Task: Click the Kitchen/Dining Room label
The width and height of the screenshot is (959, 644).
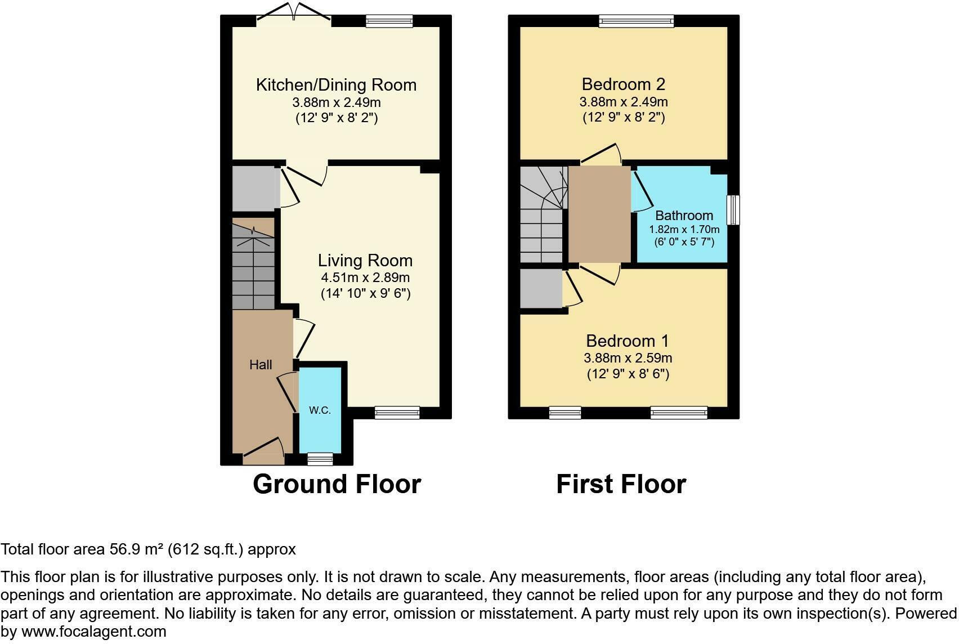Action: point(336,85)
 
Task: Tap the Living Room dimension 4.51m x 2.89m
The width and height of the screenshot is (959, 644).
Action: point(365,278)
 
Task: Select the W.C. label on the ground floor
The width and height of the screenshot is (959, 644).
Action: point(320,410)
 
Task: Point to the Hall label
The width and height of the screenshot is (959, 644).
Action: point(261,365)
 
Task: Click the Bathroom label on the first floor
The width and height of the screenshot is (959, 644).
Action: point(684,216)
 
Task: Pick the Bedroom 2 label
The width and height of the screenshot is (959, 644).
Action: point(623,84)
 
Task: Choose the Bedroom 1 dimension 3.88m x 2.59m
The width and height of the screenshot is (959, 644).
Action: point(628,358)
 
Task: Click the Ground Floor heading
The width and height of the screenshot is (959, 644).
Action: point(337,484)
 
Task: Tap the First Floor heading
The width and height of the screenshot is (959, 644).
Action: point(621,484)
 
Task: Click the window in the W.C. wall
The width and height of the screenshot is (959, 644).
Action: point(320,459)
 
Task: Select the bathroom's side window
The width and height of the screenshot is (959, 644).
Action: point(733,210)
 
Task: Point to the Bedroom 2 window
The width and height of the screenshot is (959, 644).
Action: point(635,21)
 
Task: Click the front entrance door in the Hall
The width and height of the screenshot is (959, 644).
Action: point(263,454)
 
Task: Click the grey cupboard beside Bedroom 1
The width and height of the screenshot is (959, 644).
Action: point(541,289)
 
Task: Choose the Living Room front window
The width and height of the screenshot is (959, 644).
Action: point(397,413)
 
